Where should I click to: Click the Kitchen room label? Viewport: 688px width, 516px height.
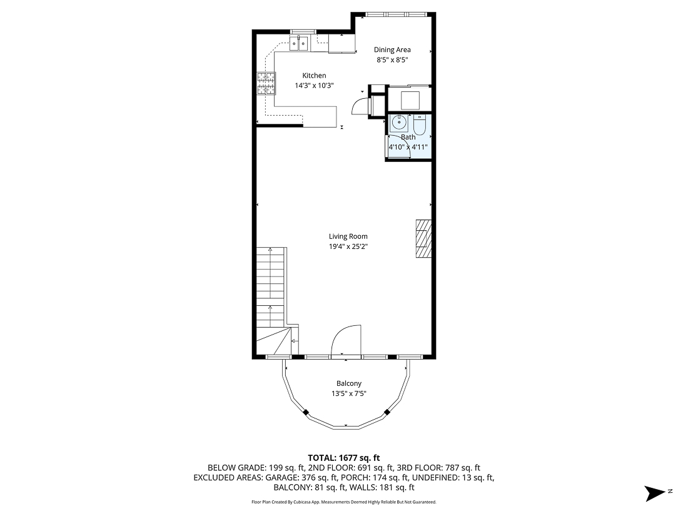click(314, 76)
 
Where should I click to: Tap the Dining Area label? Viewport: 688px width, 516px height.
click(392, 50)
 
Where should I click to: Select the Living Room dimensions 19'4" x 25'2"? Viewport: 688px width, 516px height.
click(348, 246)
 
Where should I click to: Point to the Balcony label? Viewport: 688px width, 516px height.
click(348, 383)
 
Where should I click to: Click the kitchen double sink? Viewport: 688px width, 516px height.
click(299, 43)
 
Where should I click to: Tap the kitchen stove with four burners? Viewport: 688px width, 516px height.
click(265, 83)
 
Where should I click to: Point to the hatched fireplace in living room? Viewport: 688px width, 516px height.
click(423, 238)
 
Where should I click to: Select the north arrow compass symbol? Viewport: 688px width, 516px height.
click(657, 492)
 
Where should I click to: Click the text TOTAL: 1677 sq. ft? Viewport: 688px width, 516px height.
click(343, 458)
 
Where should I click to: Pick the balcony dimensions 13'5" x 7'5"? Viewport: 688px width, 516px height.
click(348, 393)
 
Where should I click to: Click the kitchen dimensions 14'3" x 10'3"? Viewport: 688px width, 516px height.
click(314, 86)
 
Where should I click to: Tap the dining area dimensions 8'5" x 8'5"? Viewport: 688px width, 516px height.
click(392, 60)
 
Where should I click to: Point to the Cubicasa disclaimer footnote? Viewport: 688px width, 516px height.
click(343, 502)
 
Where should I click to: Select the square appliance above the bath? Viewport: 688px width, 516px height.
click(409, 99)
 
